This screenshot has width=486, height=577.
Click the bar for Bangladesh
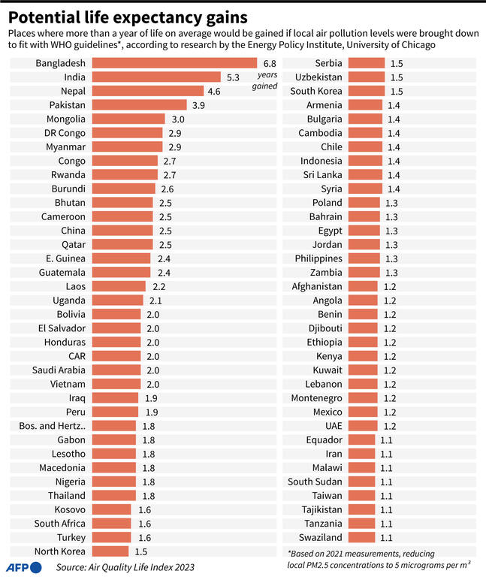174,63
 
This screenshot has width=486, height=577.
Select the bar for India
156,77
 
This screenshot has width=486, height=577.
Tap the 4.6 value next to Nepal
214,91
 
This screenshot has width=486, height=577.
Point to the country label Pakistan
67,104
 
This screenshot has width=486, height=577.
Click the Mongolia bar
128,119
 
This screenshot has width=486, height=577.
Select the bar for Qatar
122,244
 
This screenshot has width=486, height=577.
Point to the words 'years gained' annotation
268,81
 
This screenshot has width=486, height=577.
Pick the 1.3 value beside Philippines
392,258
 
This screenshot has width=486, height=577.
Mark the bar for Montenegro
364,397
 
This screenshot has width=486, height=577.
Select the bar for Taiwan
362,495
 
